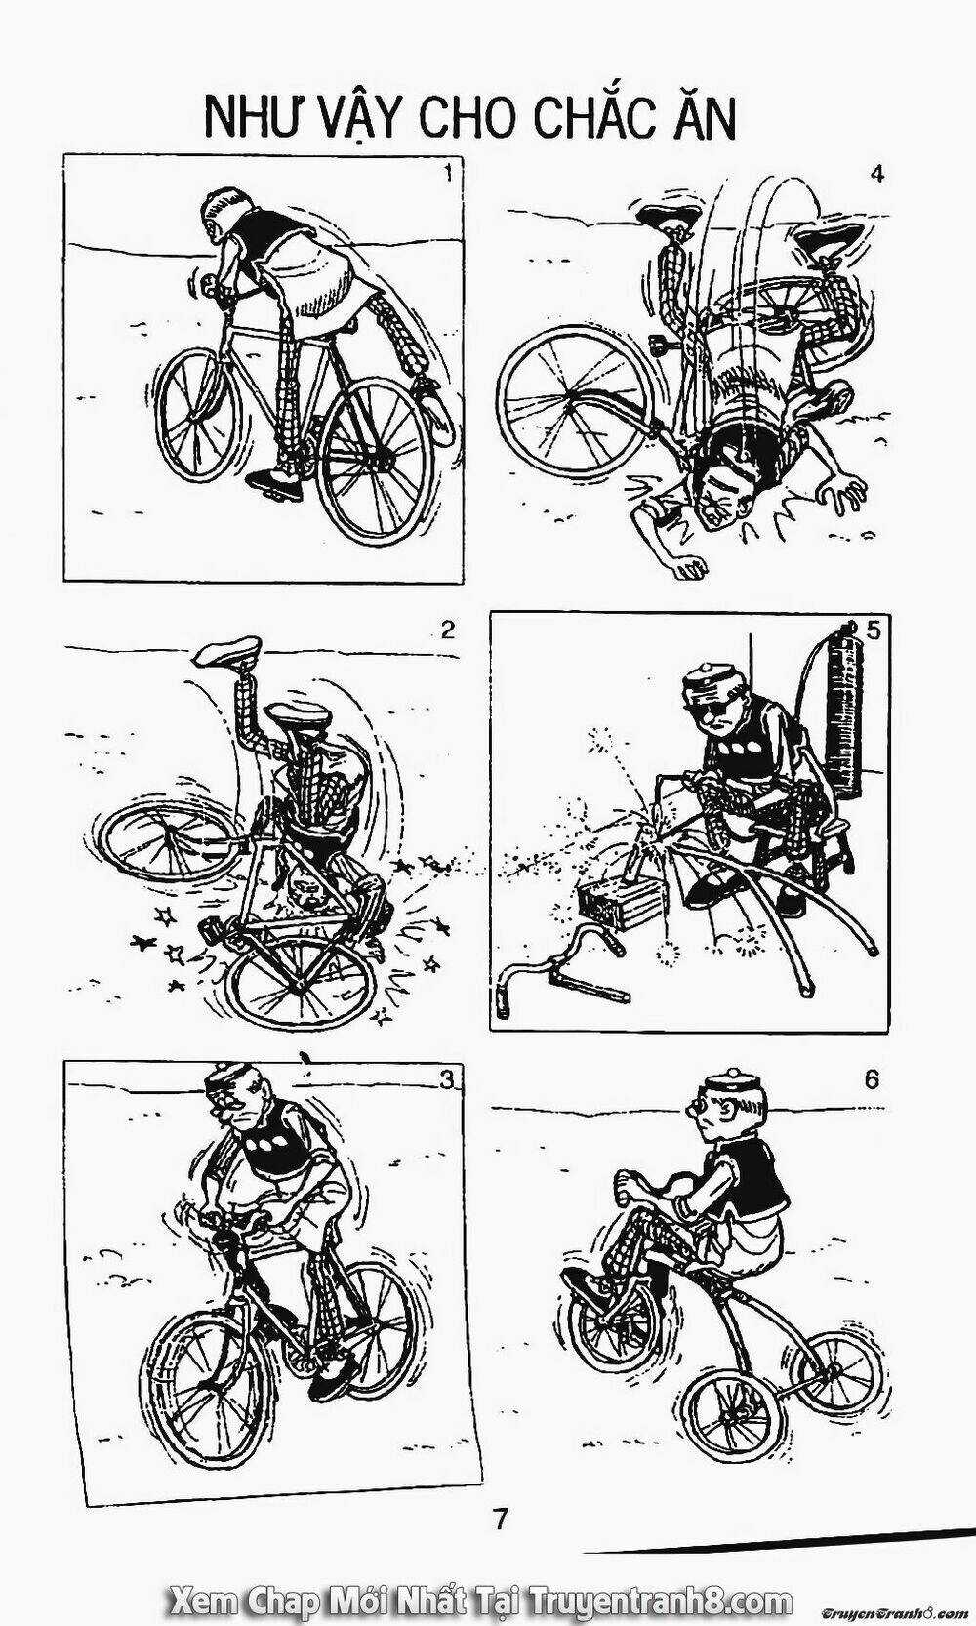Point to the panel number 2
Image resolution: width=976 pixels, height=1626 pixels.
click(x=447, y=630)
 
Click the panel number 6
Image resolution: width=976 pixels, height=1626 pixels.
click(x=871, y=1079)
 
